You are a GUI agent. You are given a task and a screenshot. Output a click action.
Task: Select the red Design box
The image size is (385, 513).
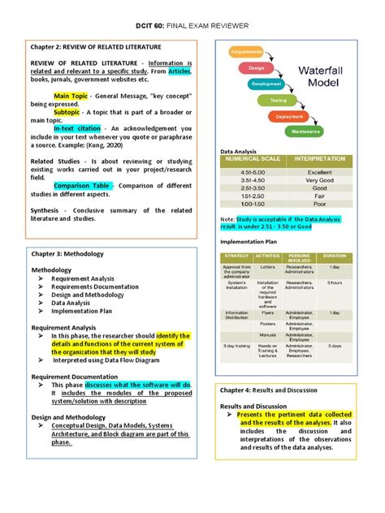point(257,67)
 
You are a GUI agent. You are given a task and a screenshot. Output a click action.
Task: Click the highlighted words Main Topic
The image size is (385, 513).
point(71,96)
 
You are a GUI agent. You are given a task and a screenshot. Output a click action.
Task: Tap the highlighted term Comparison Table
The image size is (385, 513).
point(78,185)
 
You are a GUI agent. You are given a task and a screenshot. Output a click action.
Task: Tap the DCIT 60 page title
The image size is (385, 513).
point(192,26)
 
